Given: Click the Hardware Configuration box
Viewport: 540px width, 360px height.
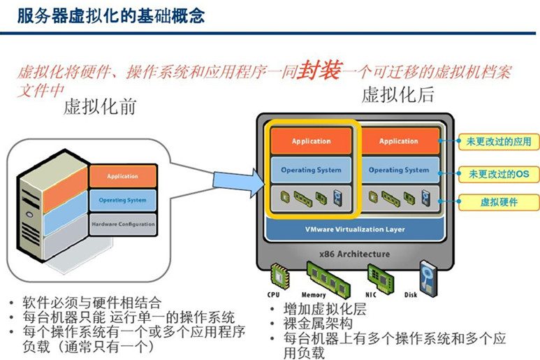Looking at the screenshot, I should (122, 224).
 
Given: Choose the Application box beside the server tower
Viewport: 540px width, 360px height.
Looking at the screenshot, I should (122, 176).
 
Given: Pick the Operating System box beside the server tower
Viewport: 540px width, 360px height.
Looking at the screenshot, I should (122, 200).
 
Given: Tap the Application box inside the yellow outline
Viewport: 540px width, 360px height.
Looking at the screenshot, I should (311, 141).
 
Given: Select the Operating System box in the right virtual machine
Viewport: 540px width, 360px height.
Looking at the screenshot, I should (399, 170).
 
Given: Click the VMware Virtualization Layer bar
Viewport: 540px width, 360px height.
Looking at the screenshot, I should (355, 229).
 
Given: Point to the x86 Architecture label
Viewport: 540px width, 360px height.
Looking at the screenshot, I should (356, 254).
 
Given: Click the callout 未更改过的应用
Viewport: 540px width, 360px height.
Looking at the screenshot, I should (498, 142).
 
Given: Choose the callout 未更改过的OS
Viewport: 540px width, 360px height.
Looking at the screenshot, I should (498, 173).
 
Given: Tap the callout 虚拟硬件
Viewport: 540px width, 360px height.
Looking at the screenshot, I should (498, 202).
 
